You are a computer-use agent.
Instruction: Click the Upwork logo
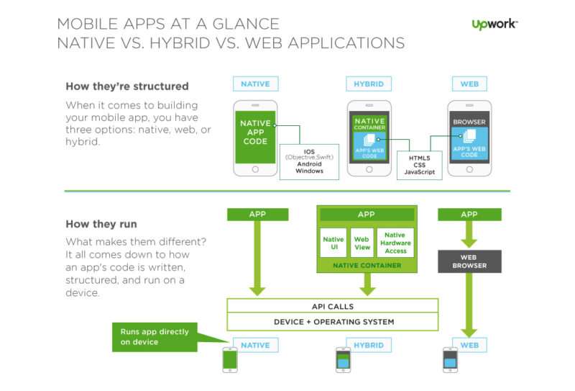494,24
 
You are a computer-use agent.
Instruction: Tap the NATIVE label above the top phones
256,84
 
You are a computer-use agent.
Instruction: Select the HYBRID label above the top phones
369,84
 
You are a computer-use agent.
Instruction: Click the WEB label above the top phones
469,84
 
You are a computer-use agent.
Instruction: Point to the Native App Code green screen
255,137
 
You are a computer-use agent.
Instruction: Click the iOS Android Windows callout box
309,162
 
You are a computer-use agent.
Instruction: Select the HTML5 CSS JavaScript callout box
420,165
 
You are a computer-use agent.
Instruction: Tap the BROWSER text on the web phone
469,122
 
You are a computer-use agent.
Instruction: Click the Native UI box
333,243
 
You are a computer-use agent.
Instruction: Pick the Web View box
362,243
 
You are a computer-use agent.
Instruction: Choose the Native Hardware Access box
395,243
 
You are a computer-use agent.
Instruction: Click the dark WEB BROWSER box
469,261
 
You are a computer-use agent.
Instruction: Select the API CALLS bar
333,306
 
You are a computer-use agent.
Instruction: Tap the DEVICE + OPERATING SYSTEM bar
333,322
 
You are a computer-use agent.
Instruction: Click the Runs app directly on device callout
155,337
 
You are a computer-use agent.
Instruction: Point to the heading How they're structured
127,86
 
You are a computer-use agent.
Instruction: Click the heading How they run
101,224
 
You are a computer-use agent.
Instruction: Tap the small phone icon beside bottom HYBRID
344,360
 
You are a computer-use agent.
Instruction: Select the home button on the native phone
255,169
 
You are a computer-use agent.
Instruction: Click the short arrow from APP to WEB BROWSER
469,234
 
